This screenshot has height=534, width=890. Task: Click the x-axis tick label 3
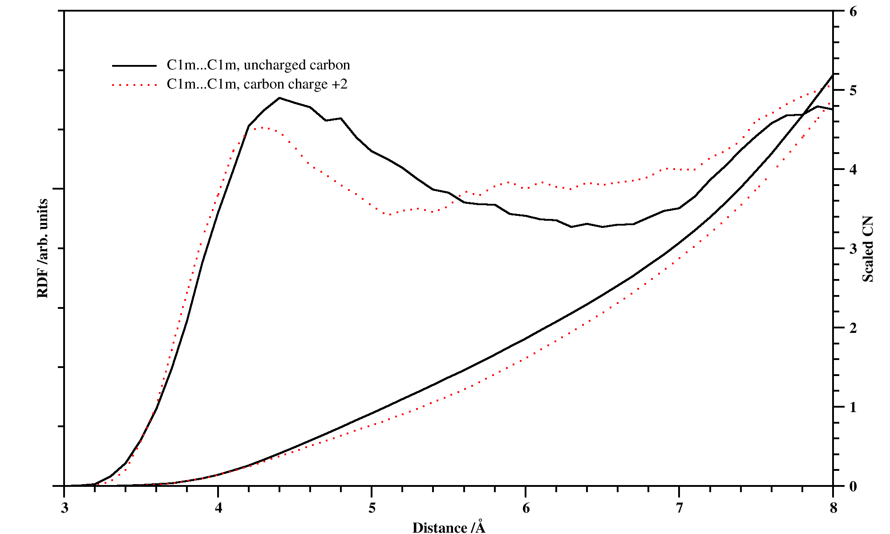click(x=65, y=508)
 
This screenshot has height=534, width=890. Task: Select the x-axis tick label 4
click(x=218, y=508)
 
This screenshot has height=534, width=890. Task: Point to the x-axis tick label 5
click(x=372, y=508)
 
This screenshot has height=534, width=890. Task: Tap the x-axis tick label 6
click(x=526, y=508)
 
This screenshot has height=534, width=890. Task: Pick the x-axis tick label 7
click(x=680, y=508)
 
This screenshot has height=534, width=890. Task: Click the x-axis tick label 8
click(x=833, y=508)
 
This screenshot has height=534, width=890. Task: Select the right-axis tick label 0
click(x=853, y=486)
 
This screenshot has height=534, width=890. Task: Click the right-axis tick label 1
click(x=853, y=407)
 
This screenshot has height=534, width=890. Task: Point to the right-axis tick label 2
click(x=853, y=328)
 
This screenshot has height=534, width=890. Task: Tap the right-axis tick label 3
click(x=853, y=249)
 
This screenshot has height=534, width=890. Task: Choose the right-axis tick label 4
click(x=853, y=170)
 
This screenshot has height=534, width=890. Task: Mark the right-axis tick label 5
click(x=853, y=90)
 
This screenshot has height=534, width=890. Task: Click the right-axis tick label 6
click(x=853, y=12)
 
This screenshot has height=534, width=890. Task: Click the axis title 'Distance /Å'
click(x=449, y=527)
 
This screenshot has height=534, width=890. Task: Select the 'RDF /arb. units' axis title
click(x=43, y=248)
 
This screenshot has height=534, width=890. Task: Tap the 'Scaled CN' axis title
click(x=868, y=249)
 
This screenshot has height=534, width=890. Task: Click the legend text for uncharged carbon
click(x=258, y=65)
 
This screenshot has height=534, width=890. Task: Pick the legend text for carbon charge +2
click(x=257, y=84)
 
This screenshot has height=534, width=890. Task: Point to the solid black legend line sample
click(x=134, y=66)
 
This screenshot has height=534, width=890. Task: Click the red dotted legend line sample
click(x=134, y=85)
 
